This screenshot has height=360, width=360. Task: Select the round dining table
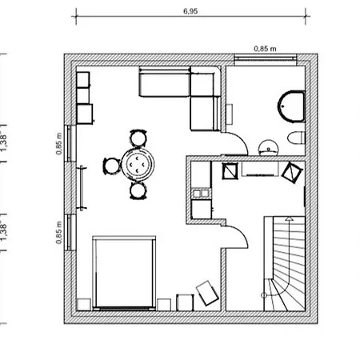click(x=142, y=164)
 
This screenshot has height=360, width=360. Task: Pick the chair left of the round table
click(x=111, y=165)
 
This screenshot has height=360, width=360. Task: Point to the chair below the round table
click(x=138, y=190)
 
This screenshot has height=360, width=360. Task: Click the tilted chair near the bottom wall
click(x=209, y=292)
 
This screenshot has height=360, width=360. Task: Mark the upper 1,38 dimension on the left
click(x=6, y=140)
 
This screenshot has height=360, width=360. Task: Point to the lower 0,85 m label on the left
click(x=58, y=233)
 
